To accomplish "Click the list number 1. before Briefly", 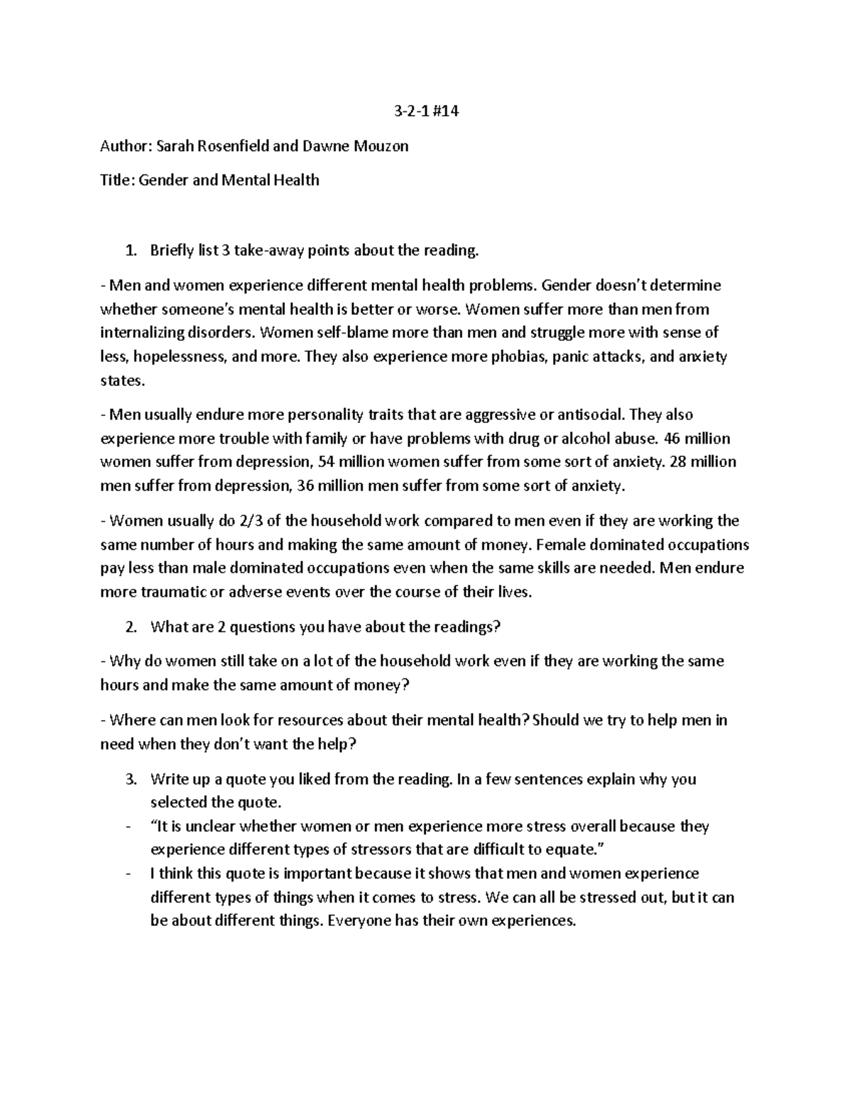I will [x=129, y=250].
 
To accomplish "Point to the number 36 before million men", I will [x=307, y=487].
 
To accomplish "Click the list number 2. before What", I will [x=129, y=627].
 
